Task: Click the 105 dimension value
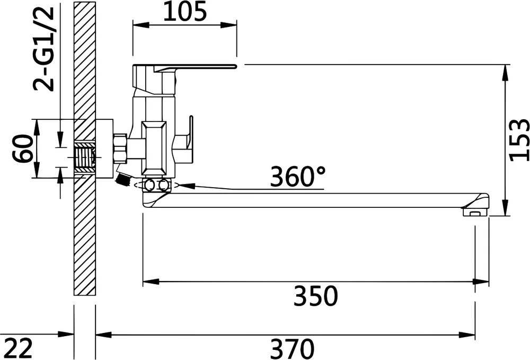[x=185, y=11]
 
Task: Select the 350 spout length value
[x=315, y=296]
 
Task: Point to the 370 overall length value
[x=293, y=349]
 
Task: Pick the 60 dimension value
[x=23, y=148]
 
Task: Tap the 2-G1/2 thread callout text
[x=43, y=49]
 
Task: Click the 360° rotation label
[x=297, y=177]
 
